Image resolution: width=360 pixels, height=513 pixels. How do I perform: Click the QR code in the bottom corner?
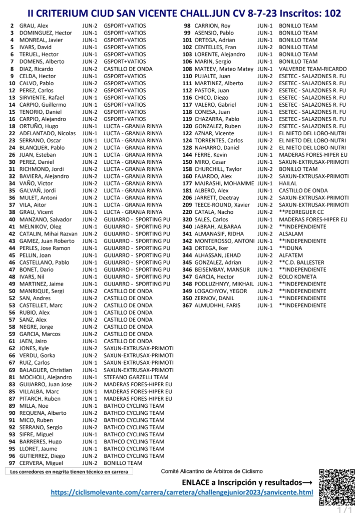coord(336,487)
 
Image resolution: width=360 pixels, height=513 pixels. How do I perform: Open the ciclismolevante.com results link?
coord(182,492)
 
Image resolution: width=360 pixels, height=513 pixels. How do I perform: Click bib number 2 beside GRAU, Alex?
coord(12,26)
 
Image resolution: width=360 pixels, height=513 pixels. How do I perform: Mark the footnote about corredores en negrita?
coord(69,471)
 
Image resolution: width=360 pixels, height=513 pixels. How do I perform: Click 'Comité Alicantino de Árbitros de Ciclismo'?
coord(212,471)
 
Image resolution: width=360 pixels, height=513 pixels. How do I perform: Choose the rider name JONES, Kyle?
coord(34,348)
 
